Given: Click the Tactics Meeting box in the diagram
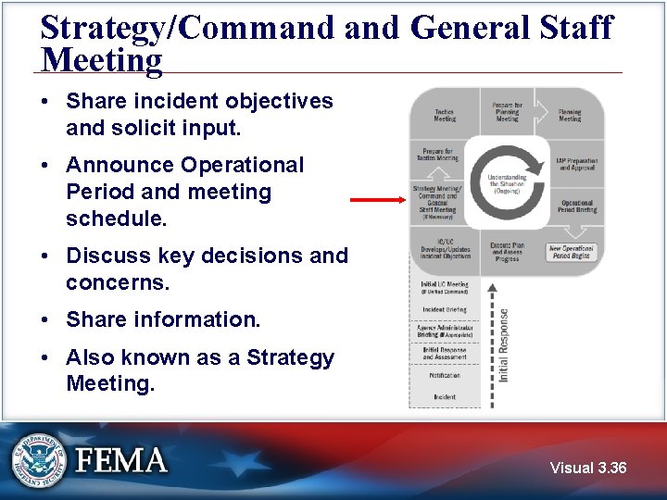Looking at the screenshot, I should pos(445,115).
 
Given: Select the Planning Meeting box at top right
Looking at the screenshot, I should pos(570,115).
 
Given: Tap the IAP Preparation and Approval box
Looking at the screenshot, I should pos(576,164).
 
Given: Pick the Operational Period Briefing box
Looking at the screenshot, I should pos(576,206).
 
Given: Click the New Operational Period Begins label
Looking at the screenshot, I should pos(572,252).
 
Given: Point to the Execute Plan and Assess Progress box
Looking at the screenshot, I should pos(507,252).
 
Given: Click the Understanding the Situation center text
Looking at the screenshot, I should pos(507,183).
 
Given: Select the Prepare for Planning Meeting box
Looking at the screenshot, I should pos(507,112).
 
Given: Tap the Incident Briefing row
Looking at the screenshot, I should pos(445,309).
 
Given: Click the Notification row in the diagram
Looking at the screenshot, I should pos(445,377).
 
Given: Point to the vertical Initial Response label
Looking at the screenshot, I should pos(504,344).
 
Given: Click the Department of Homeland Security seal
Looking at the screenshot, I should pos(39,460).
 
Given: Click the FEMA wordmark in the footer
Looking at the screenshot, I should pos(121,460).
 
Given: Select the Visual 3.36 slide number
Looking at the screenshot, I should pos(587,469).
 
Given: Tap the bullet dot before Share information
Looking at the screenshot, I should pos(45,320).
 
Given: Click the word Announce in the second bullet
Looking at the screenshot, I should pos(120,166).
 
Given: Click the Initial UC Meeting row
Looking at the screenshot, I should pos(445,287).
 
